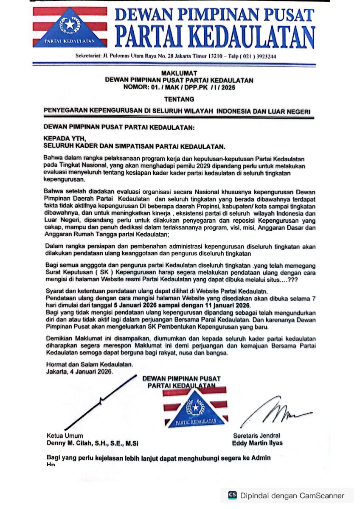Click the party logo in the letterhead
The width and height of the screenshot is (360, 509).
coord(70,27)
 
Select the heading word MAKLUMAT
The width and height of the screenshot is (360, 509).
coord(179,73)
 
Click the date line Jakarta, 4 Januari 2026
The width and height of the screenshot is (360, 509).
coord(80,371)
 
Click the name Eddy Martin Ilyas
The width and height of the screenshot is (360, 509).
coord(257,443)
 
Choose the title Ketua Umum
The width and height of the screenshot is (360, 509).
coord(65,436)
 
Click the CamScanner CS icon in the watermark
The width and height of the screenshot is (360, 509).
coord(232,495)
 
